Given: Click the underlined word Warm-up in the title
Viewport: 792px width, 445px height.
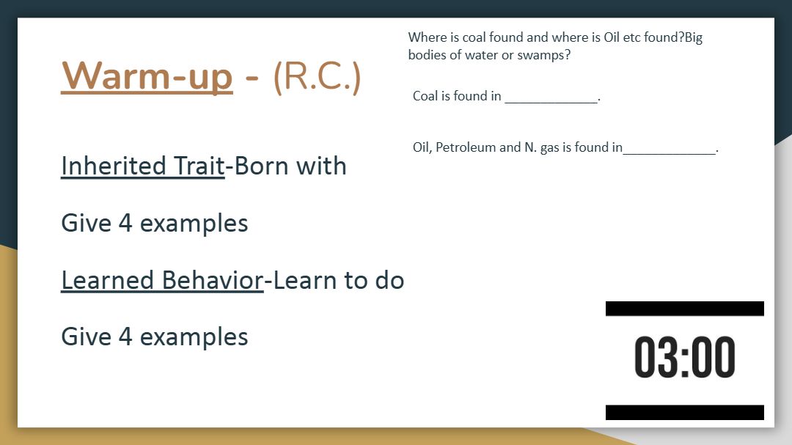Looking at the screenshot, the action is click(x=147, y=77).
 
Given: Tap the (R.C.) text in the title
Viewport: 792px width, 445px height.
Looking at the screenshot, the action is click(x=318, y=77).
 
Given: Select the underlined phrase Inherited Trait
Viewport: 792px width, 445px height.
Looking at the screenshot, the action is click(x=142, y=166).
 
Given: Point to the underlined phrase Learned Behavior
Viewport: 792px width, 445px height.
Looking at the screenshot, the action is click(x=162, y=280).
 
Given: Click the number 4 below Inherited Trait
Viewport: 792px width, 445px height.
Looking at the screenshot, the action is click(x=125, y=224).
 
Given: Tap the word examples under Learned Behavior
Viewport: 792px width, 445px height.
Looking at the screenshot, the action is click(x=194, y=337).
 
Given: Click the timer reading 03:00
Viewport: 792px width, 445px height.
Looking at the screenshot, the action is click(x=684, y=357).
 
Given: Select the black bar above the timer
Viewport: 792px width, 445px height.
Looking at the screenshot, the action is click(x=684, y=309).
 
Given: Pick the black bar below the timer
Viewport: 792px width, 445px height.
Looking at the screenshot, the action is click(x=684, y=412).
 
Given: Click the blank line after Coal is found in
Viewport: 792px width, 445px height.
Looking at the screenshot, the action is click(x=551, y=103).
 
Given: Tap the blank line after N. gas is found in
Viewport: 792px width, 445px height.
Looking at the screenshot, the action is click(x=670, y=153).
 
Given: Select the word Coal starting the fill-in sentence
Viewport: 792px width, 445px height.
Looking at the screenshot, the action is click(x=425, y=96).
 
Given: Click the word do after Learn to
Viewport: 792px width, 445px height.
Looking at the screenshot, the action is click(x=389, y=280).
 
